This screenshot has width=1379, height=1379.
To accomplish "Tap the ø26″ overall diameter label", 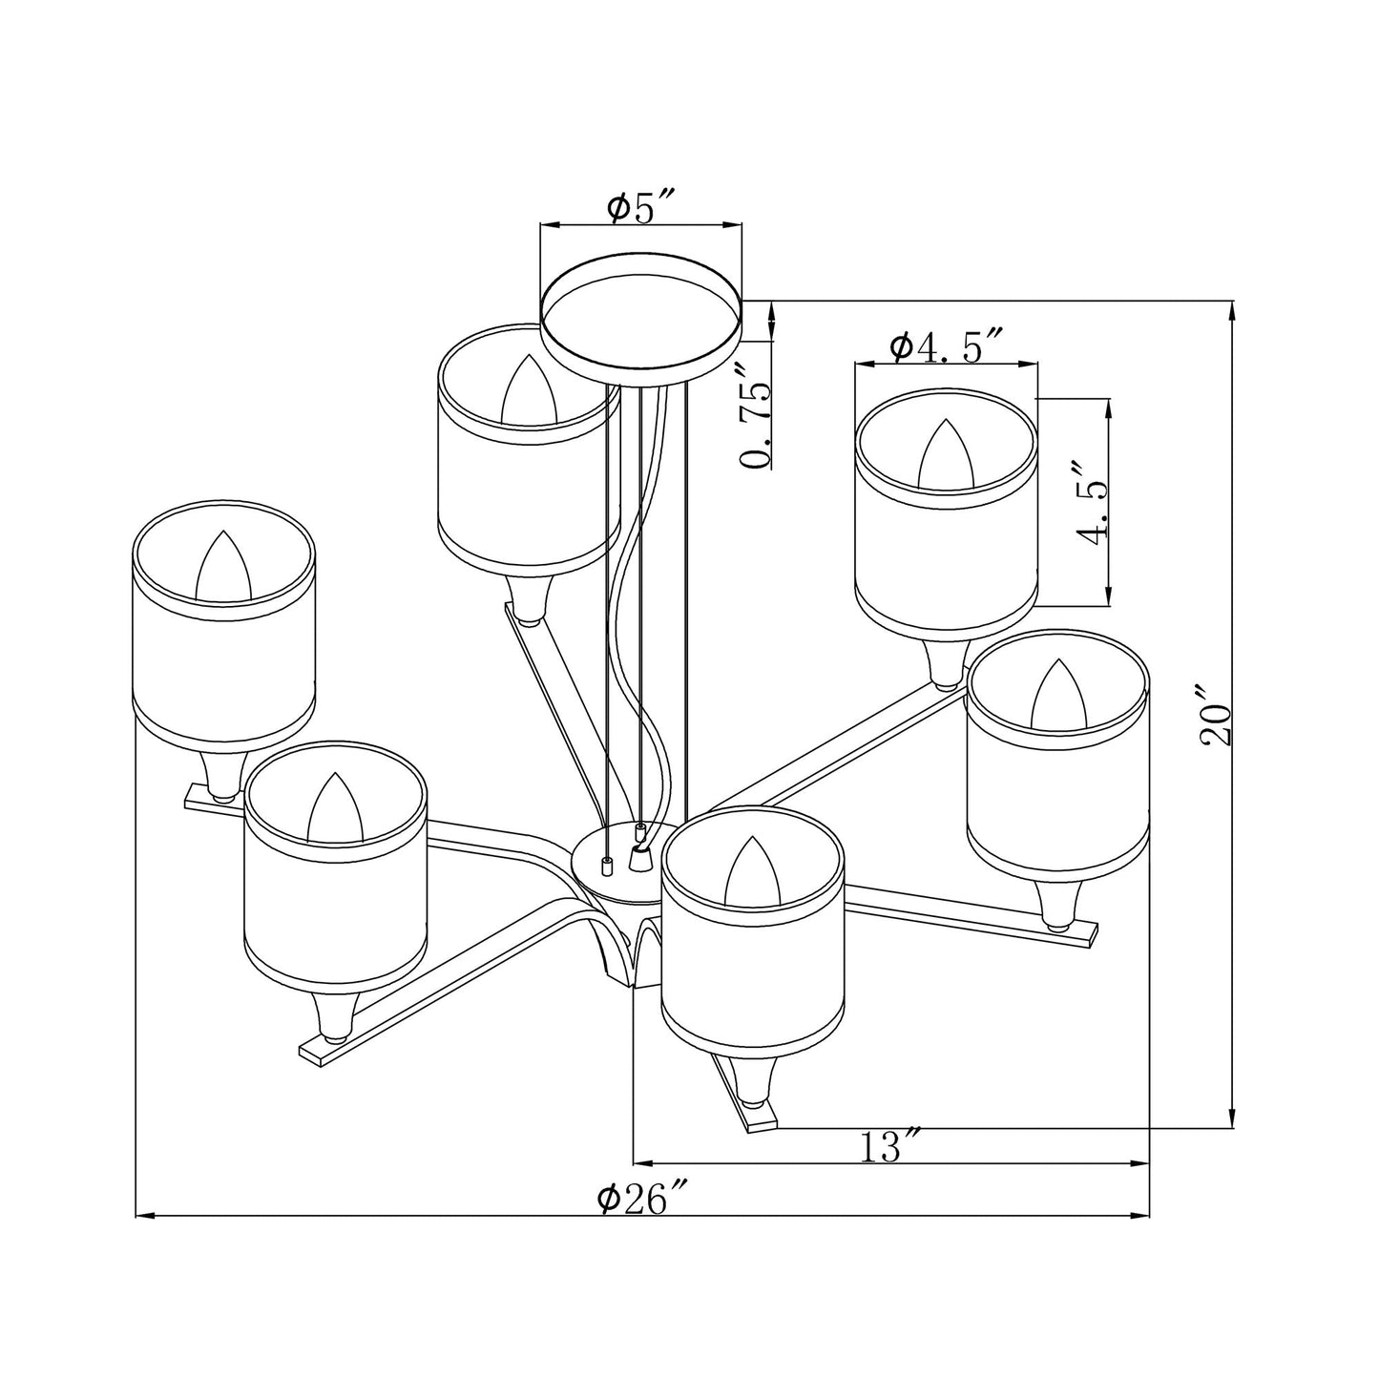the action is (642, 1198).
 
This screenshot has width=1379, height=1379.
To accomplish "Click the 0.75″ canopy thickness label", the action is (757, 415).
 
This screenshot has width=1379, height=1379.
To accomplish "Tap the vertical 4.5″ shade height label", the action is (1093, 504).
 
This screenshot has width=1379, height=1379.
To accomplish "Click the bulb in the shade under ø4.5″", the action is (946, 453).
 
